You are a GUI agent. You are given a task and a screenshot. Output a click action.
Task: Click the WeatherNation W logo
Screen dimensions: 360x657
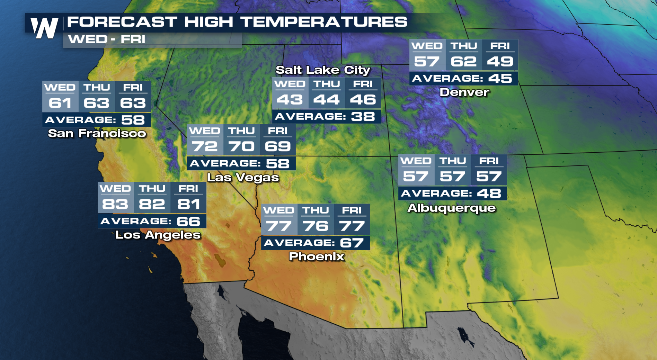[44, 28]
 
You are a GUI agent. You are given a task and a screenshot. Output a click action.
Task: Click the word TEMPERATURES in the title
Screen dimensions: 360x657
[324, 22]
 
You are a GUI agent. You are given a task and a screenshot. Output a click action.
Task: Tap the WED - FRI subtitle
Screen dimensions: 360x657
[107, 39]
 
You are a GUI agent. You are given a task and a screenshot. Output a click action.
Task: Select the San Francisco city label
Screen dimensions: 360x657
[97, 133]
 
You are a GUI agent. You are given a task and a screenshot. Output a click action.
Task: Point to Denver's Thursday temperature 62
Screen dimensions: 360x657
[463, 62]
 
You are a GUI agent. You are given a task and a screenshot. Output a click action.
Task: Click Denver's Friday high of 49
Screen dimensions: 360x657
[500, 62]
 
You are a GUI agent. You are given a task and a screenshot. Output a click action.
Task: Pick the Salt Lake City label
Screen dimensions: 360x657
[323, 70]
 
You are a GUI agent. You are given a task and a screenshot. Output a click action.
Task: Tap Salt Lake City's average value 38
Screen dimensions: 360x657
[363, 117]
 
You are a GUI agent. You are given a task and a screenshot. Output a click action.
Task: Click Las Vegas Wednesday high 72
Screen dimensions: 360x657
[205, 146]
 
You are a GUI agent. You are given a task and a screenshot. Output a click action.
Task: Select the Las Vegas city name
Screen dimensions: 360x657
[243, 178]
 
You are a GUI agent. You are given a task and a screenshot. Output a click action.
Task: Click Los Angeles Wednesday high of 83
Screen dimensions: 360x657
[115, 204]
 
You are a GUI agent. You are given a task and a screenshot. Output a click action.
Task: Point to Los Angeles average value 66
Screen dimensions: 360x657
[188, 222]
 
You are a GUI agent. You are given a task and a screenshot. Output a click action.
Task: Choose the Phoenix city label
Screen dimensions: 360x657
[317, 256]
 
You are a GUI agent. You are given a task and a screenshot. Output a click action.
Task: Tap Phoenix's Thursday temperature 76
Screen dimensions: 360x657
[315, 226]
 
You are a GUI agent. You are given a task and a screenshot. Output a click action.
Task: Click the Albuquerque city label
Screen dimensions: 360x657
[452, 208]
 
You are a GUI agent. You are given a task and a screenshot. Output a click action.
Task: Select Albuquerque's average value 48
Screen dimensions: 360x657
[489, 193]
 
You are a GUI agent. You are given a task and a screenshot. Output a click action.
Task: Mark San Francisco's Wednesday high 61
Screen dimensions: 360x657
[60, 103]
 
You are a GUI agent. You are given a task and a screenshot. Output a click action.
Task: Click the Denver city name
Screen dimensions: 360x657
[464, 92]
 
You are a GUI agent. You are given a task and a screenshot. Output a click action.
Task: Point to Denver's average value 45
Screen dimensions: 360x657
[500, 79]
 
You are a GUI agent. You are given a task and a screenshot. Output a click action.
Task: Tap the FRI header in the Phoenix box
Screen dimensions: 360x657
[352, 210]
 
